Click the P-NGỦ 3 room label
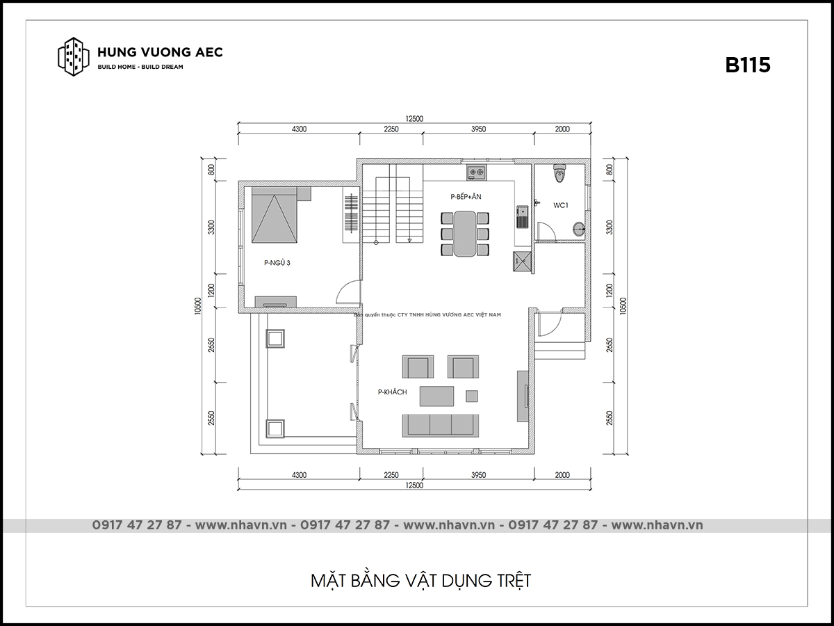tap(277, 263)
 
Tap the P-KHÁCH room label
tap(392, 392)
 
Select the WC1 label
tap(560, 205)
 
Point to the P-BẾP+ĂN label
tap(466, 197)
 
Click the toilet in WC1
tap(559, 173)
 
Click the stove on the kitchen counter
tap(477, 172)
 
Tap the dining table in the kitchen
tap(465, 234)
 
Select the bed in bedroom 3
tap(275, 215)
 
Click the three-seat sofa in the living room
tap(441, 426)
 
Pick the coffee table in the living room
tap(436, 396)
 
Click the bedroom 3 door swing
tap(348, 292)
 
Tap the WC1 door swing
tap(546, 232)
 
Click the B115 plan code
tap(747, 65)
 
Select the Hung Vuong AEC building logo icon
tap(74, 56)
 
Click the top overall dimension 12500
tap(414, 118)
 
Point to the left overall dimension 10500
tap(197, 306)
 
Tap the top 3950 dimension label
tap(478, 129)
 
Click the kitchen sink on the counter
tap(522, 216)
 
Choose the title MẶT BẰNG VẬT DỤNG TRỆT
tap(420, 580)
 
